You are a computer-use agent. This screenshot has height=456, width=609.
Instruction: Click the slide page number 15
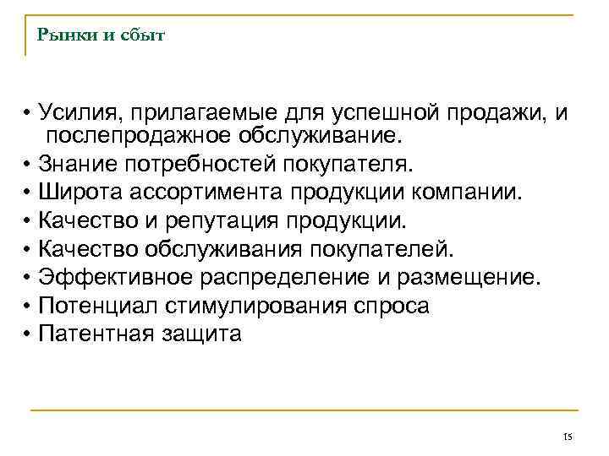pyautogui.click(x=567, y=436)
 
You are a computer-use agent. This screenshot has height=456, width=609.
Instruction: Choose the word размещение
pyautogui.click(x=475, y=277)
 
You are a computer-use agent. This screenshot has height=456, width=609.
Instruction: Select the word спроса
pyautogui.click(x=390, y=306)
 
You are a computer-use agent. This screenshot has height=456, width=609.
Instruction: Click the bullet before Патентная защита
pyautogui.click(x=28, y=334)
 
